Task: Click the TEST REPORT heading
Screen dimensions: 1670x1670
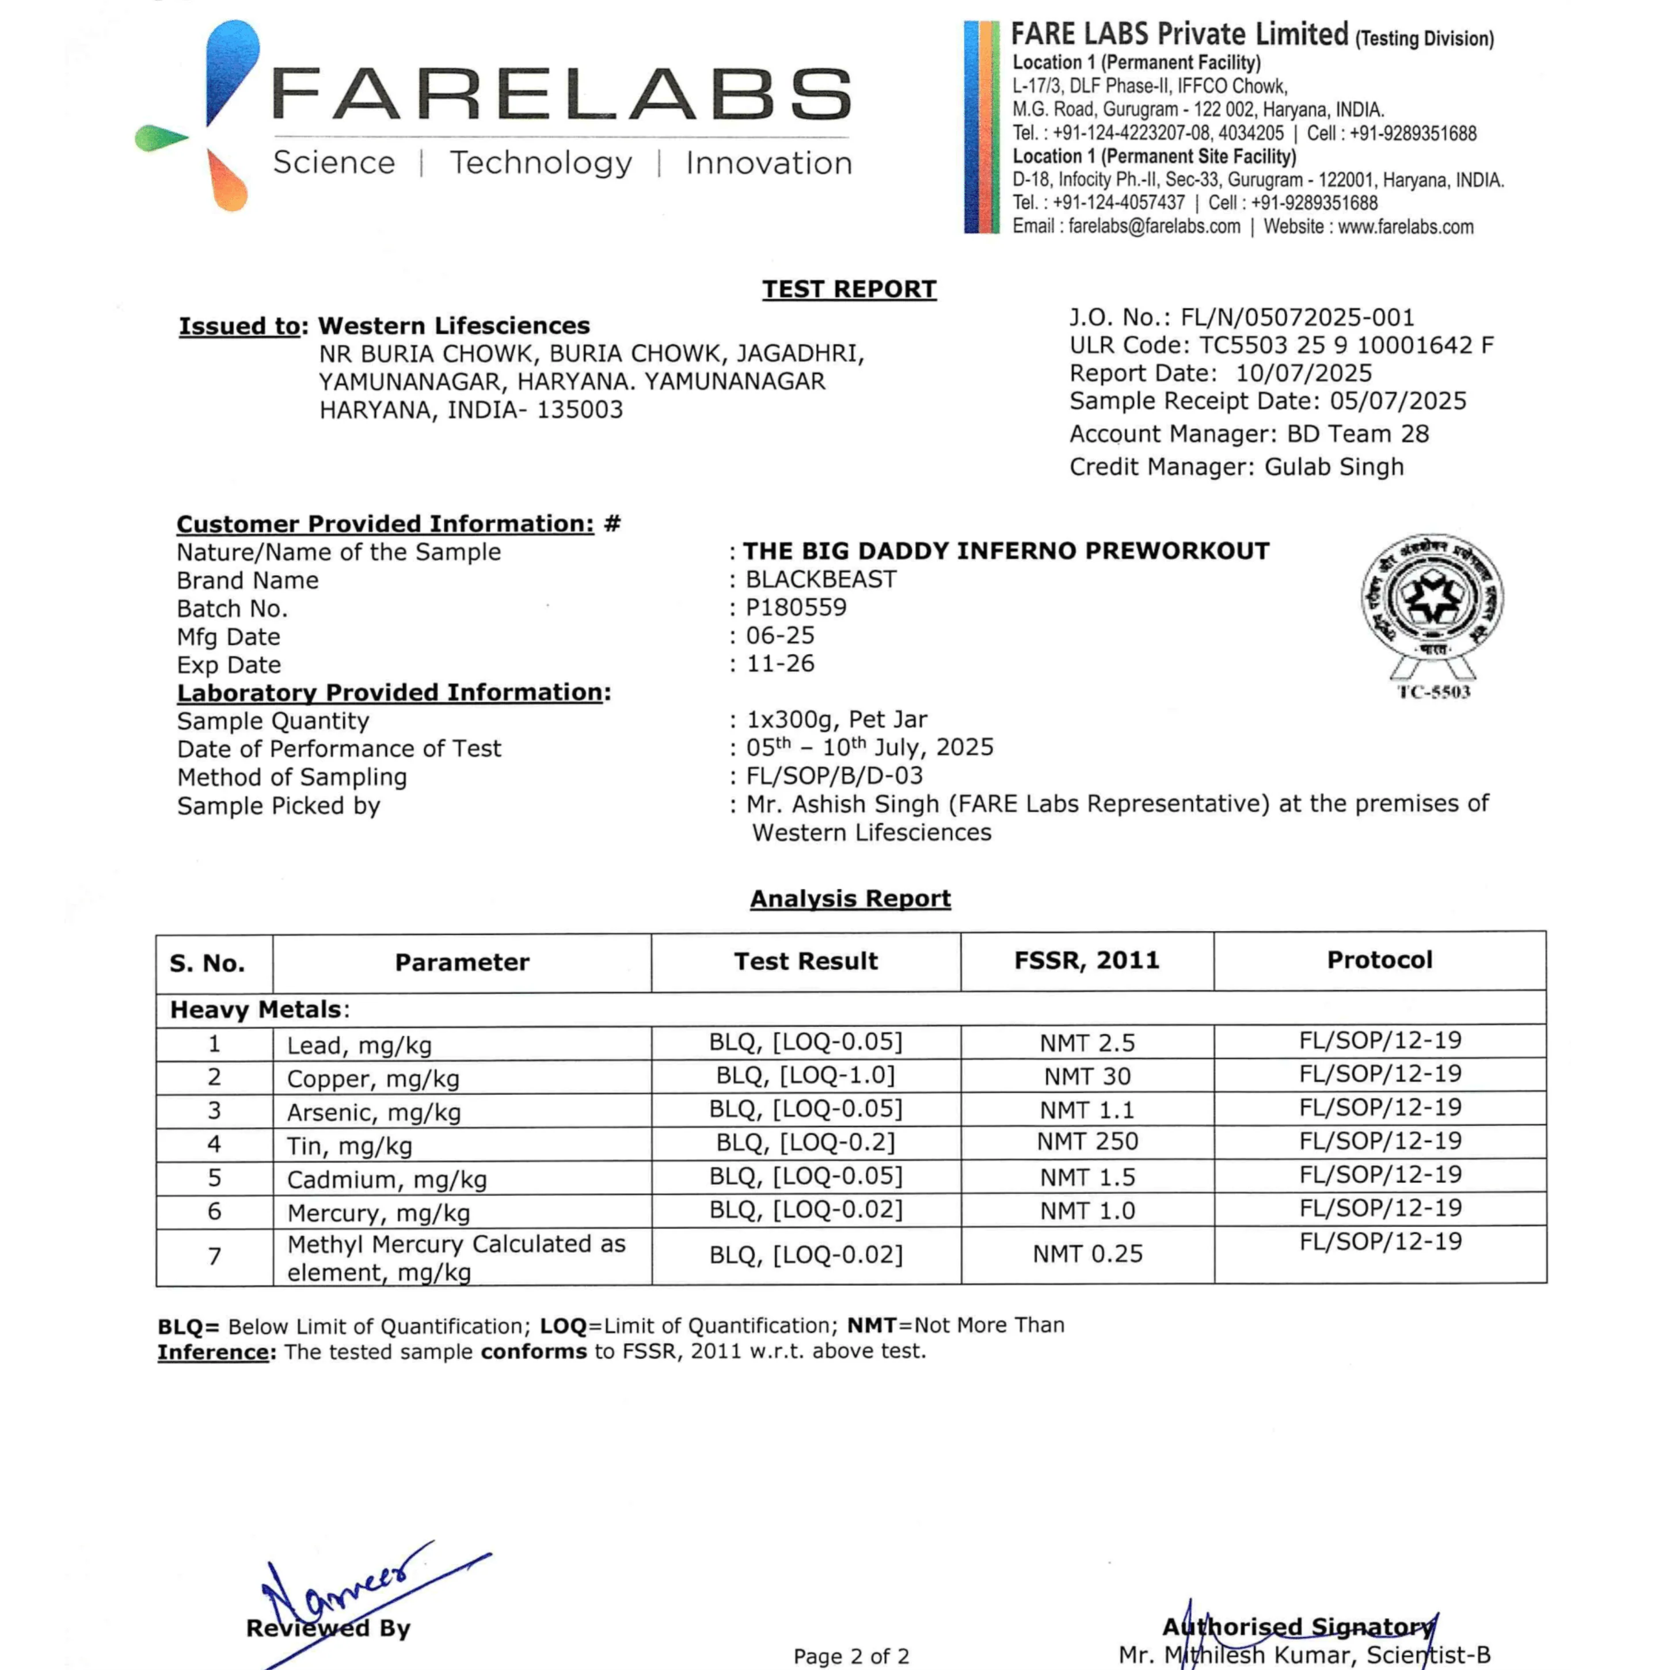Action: [x=849, y=289]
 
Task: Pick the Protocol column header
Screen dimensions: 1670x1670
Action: [x=1379, y=960]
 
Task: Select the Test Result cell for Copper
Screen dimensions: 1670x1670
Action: [x=805, y=1075]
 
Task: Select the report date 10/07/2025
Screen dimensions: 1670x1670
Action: [x=1303, y=374]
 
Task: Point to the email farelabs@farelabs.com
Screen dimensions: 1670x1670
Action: [x=1154, y=226]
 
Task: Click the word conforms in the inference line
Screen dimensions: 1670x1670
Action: [x=533, y=1351]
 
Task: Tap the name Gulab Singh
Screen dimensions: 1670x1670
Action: [x=1334, y=467]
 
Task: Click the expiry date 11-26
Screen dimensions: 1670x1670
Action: [x=781, y=663]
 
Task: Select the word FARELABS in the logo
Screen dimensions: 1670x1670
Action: [x=562, y=95]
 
